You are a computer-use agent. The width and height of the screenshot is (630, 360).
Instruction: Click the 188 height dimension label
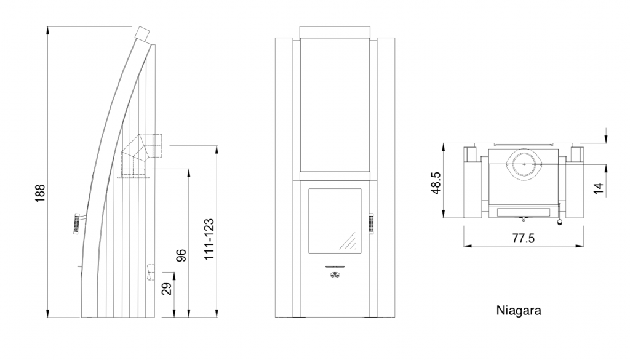coord(40,193)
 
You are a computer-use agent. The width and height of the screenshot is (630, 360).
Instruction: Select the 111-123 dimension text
coord(209,239)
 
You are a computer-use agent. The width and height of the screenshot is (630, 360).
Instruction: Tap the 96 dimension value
coord(181,255)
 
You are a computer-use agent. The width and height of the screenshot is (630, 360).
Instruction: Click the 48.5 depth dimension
coord(436,183)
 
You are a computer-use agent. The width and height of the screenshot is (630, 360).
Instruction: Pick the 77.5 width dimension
coord(524,239)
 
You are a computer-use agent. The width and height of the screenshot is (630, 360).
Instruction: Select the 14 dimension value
coord(599,188)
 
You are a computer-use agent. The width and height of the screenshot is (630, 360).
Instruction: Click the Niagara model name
coord(519,311)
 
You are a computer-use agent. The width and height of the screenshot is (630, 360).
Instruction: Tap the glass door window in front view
coord(335,220)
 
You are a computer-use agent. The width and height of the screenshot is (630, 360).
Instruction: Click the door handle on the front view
coord(371,224)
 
